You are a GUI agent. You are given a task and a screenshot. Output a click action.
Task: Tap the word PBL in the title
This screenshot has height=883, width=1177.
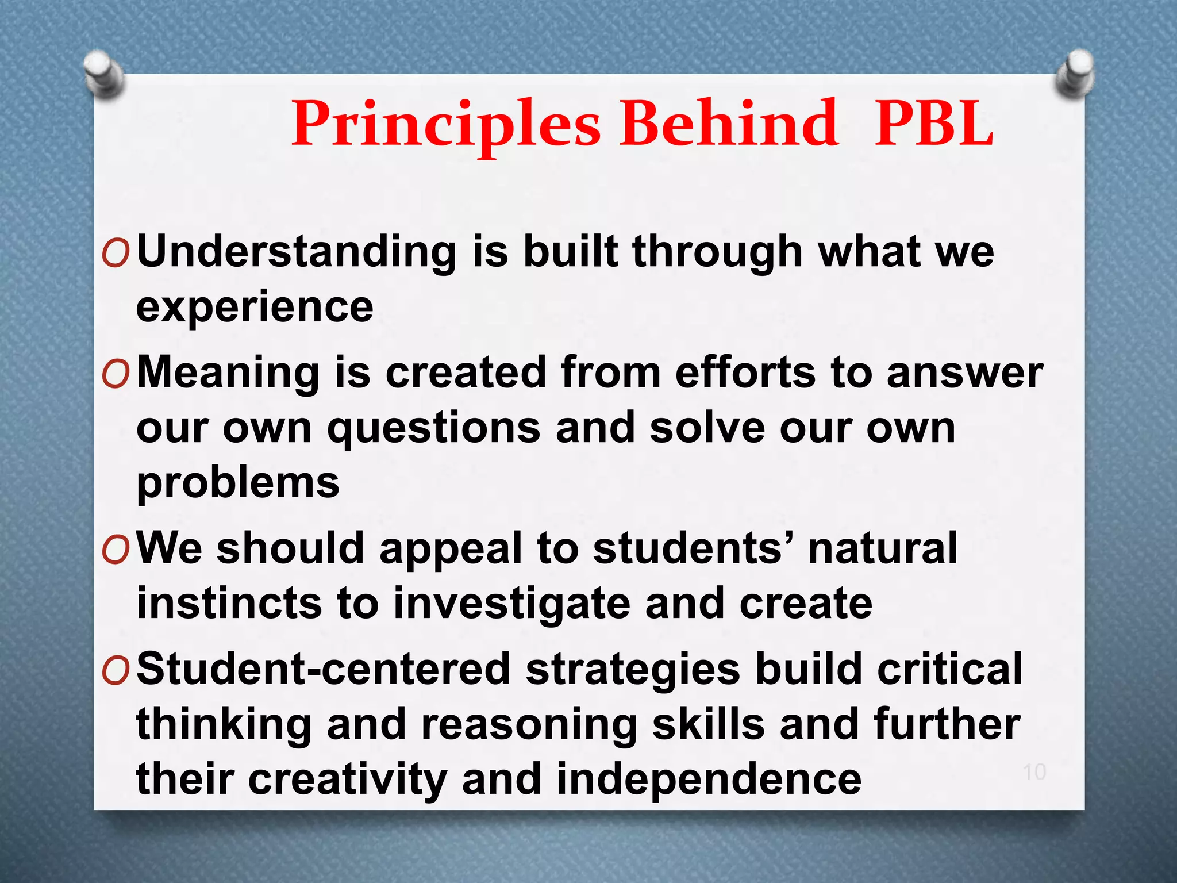coord(934,124)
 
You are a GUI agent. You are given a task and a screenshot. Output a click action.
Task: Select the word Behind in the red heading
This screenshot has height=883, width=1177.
coord(729,124)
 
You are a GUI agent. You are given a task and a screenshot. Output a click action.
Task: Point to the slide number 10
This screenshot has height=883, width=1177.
coord(1034,772)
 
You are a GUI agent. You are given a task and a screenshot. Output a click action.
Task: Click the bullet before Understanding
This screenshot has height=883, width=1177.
coord(116,254)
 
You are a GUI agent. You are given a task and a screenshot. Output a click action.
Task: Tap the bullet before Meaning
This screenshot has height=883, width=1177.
coord(116,375)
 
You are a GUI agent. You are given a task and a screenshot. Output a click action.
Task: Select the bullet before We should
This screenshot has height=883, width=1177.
coord(116,551)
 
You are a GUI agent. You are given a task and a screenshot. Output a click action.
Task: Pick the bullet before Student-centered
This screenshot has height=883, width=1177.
coord(116,671)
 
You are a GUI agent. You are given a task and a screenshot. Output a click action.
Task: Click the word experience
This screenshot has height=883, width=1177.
coord(255,308)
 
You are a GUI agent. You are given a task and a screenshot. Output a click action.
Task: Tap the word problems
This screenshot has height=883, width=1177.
coord(238,483)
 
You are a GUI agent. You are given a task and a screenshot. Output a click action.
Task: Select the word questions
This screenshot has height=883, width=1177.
coord(434,429)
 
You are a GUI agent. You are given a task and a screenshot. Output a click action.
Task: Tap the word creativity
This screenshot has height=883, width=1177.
coord(348,780)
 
